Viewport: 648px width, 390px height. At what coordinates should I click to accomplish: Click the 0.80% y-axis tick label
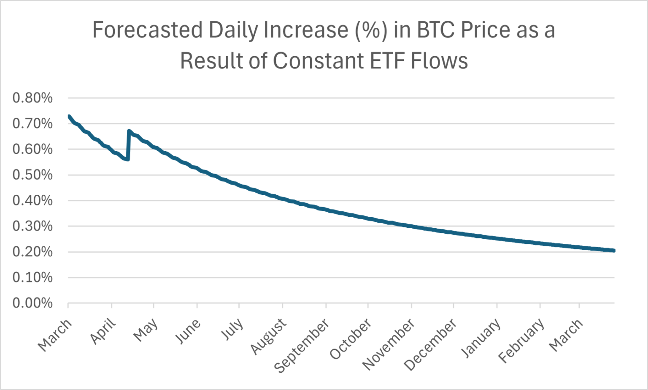tap(32, 98)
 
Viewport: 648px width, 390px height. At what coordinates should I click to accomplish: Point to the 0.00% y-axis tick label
tap(32, 303)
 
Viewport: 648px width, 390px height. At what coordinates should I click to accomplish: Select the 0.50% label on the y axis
tap(32, 175)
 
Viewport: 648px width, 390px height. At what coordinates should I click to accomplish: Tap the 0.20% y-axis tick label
tap(32, 252)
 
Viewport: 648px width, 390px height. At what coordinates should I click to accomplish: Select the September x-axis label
tap(302, 345)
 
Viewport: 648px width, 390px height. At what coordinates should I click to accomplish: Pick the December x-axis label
tap(431, 344)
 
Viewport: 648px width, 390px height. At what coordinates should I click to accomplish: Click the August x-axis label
tap(269, 336)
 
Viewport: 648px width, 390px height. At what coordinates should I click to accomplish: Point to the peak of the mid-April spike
tap(129, 131)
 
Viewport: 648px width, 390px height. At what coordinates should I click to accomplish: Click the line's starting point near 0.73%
tap(69, 116)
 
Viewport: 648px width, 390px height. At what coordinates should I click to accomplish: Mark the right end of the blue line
tap(613, 251)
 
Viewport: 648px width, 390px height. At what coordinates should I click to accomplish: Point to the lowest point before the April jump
tap(127, 159)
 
